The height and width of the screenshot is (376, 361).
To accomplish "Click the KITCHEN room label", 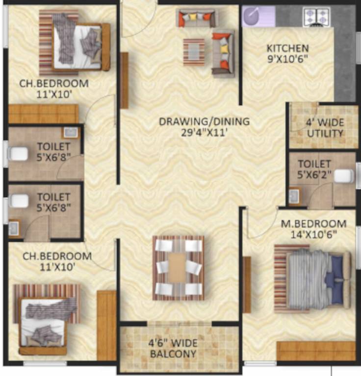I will click(287, 48).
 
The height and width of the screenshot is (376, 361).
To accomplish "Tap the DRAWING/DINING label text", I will click(204, 121).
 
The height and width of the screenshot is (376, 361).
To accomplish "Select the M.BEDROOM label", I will click(313, 224).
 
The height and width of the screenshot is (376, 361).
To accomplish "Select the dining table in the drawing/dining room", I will click(178, 267).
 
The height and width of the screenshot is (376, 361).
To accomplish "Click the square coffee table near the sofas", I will click(194, 50).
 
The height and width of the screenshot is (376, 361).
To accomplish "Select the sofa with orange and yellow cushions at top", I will click(197, 19).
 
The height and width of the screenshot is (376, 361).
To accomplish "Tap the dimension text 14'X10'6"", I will click(313, 235).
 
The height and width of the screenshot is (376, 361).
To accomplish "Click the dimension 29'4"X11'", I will click(204, 132).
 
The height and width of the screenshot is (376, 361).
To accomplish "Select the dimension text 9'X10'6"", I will click(287, 59).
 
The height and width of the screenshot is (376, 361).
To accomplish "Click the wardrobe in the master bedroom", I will click(316, 351).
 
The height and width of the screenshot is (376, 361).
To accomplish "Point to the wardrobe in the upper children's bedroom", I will click(43, 114).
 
